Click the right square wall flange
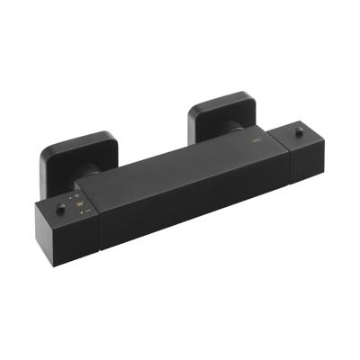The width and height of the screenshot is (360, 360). click(x=220, y=112)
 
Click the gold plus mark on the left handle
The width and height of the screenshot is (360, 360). click(x=77, y=195)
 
